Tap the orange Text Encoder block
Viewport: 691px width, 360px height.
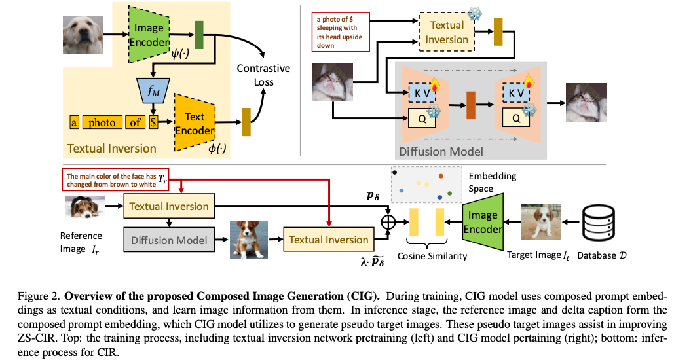click(x=195, y=123)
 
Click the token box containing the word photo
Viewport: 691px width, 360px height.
click(x=102, y=122)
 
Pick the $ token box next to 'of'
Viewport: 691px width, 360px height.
click(x=153, y=122)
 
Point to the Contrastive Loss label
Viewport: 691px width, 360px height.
click(x=263, y=75)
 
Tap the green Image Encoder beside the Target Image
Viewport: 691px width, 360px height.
click(x=483, y=221)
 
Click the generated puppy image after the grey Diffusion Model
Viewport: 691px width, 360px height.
click(x=249, y=239)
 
